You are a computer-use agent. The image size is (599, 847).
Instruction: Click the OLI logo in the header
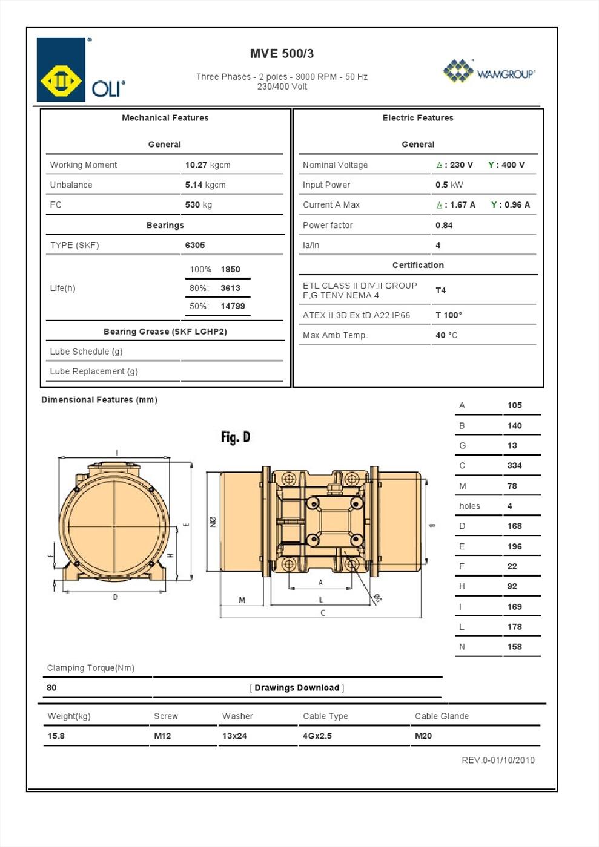pos(81,70)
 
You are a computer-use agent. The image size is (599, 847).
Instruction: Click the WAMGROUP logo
pos(489,71)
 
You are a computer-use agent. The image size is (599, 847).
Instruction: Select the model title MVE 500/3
pos(282,54)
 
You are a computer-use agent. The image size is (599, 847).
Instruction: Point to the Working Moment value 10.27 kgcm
pos(207,165)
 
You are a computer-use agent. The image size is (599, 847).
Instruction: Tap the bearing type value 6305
pos(194,245)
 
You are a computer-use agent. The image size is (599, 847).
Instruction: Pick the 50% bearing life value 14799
pos(233,306)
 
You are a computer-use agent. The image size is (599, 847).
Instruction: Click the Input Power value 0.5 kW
pos(449,185)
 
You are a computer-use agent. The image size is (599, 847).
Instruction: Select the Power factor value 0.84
pos(444,225)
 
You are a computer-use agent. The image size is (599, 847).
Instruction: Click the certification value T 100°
pos(448,315)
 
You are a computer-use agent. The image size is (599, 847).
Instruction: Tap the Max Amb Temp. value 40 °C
pos(446,335)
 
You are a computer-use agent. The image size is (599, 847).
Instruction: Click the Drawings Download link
pos(297,688)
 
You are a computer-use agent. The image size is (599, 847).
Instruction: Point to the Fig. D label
pos(236,437)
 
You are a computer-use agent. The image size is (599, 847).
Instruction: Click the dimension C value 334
pos(514,466)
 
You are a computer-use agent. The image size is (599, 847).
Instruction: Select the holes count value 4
pos(509,506)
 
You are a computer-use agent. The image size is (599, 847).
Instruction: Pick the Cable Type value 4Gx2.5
pos(317,736)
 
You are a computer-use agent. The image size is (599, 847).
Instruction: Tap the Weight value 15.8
pos(56,736)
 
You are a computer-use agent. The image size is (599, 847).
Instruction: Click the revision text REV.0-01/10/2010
pos(498,760)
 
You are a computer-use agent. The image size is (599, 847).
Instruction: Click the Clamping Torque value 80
pos(51,688)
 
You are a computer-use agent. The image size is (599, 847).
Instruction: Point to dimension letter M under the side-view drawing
pos(242,600)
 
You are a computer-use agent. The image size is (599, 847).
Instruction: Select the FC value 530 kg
pos(198,204)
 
